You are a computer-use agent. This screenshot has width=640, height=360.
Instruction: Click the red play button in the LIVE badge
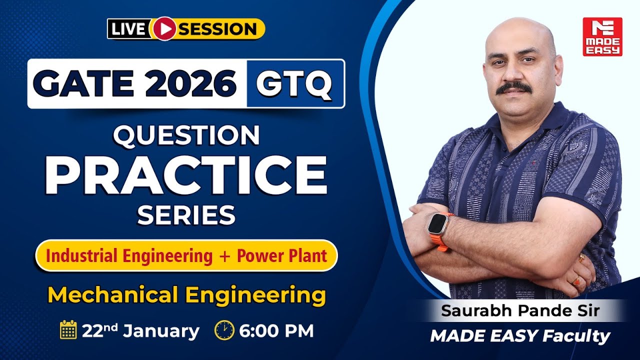click(162, 28)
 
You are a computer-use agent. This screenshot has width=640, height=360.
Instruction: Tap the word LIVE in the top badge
click(129, 29)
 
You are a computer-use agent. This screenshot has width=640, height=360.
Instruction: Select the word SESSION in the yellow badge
click(217, 29)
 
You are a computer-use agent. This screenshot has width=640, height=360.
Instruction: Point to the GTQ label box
click(295, 83)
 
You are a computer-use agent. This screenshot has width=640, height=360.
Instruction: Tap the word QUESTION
click(186, 136)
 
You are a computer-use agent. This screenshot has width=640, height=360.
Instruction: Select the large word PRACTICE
click(186, 175)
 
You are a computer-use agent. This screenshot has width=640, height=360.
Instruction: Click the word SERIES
click(186, 215)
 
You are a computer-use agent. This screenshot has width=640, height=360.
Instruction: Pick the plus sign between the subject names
click(224, 256)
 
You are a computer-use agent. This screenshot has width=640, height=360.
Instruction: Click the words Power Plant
click(282, 256)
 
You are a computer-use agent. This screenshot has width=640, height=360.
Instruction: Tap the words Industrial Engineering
click(129, 256)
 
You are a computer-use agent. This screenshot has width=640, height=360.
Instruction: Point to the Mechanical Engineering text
click(186, 294)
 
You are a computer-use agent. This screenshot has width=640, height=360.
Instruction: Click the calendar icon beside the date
click(68, 330)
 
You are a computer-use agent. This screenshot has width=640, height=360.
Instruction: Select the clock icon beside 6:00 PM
click(224, 330)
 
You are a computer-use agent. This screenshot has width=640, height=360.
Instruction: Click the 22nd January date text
click(140, 330)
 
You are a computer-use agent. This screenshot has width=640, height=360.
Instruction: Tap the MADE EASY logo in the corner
click(602, 36)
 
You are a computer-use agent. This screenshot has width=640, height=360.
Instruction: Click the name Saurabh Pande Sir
click(520, 310)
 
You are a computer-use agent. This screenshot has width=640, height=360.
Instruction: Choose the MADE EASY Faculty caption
click(520, 336)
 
